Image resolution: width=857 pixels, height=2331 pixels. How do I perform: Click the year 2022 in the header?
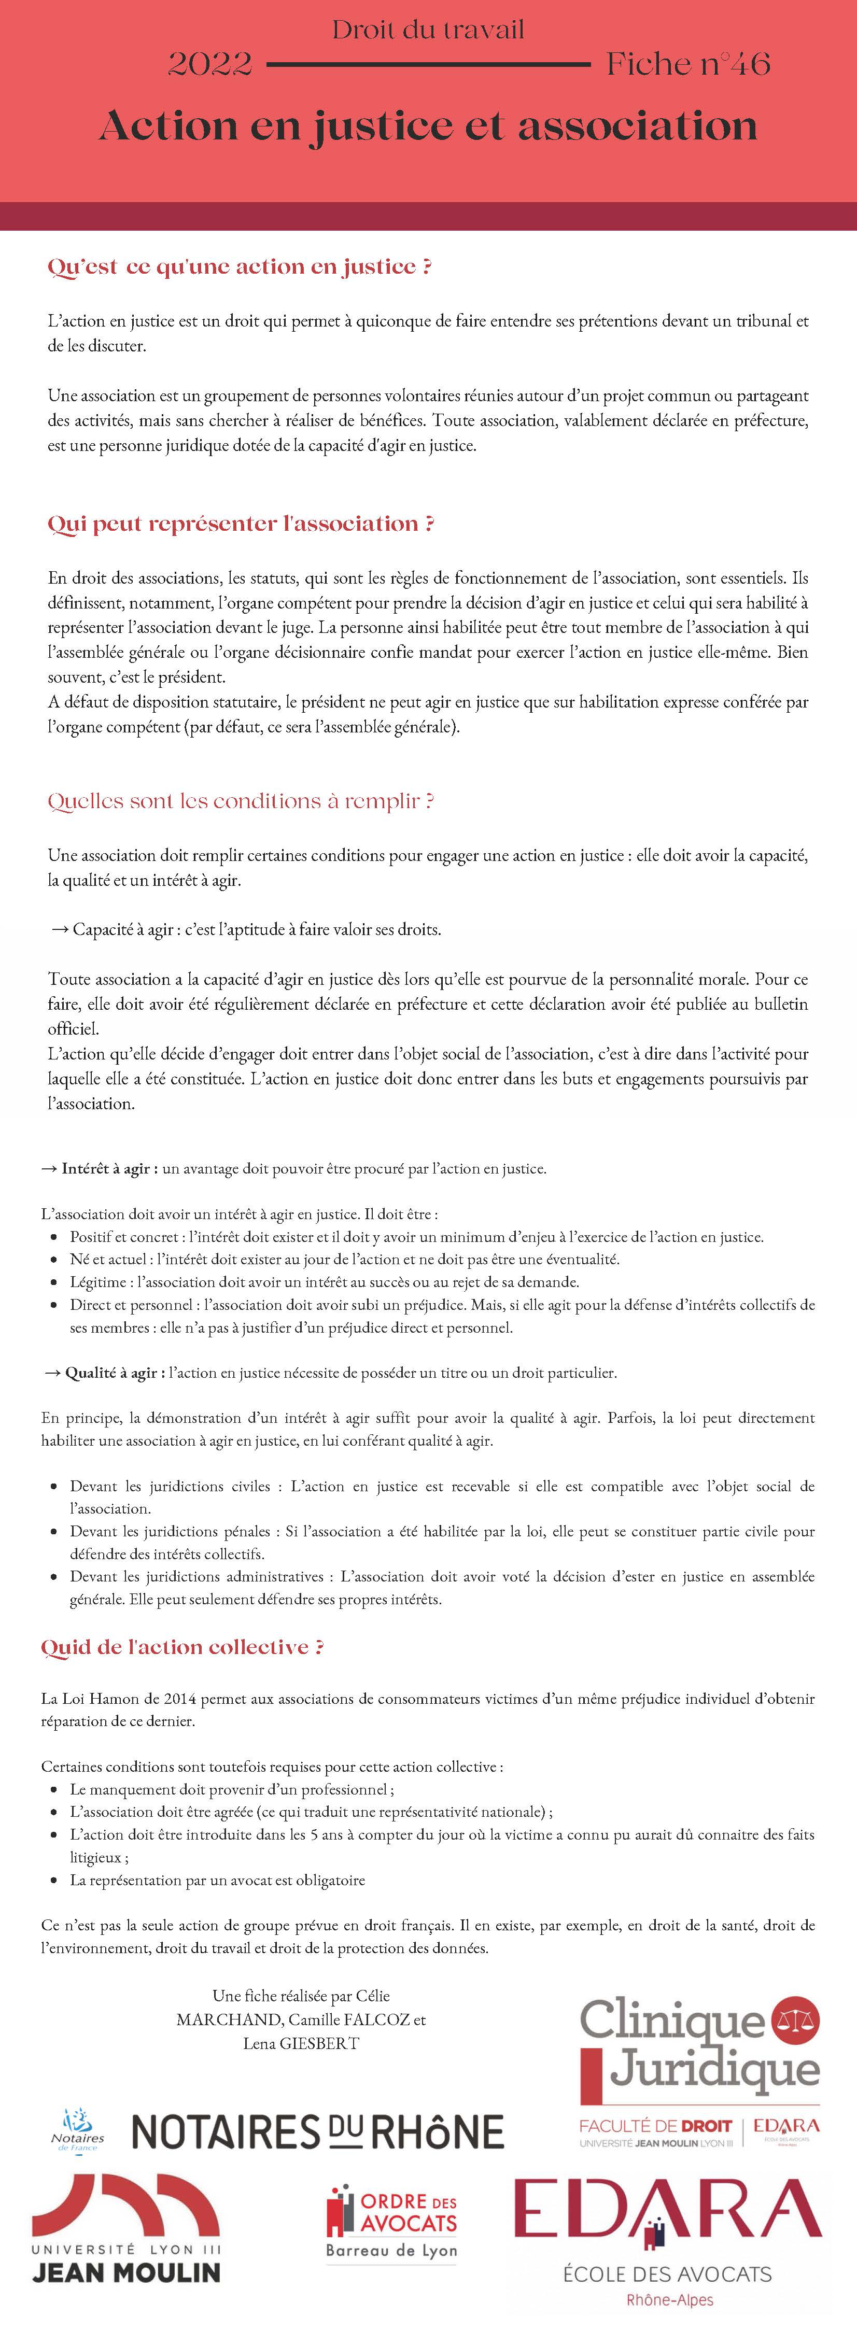[210, 63]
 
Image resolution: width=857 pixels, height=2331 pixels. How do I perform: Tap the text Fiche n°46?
[688, 63]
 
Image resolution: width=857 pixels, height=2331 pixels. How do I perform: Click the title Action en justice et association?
[428, 126]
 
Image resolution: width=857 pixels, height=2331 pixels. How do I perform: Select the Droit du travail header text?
[428, 30]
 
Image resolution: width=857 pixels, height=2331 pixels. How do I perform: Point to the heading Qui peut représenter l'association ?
[241, 524]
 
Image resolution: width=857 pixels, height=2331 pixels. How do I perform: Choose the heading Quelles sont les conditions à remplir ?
[241, 801]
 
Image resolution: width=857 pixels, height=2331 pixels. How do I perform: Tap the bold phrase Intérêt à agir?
[108, 1168]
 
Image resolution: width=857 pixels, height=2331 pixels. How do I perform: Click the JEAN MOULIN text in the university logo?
[127, 2272]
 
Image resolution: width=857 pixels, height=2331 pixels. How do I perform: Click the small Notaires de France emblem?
[78, 2129]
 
